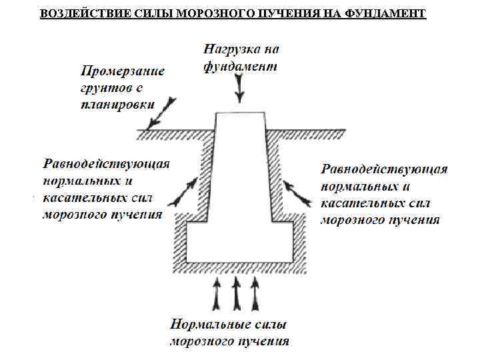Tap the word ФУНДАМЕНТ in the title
point(387,13)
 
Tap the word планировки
point(118,104)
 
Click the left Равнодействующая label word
point(106,164)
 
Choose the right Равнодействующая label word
point(384,169)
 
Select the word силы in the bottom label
point(271,325)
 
